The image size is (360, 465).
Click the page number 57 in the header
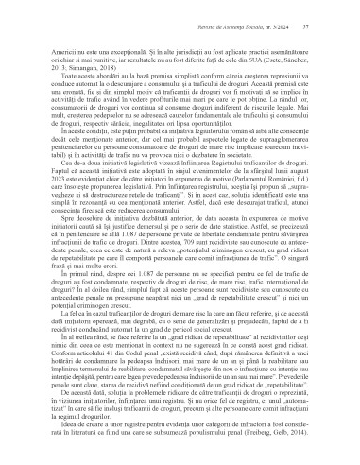[328, 11]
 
